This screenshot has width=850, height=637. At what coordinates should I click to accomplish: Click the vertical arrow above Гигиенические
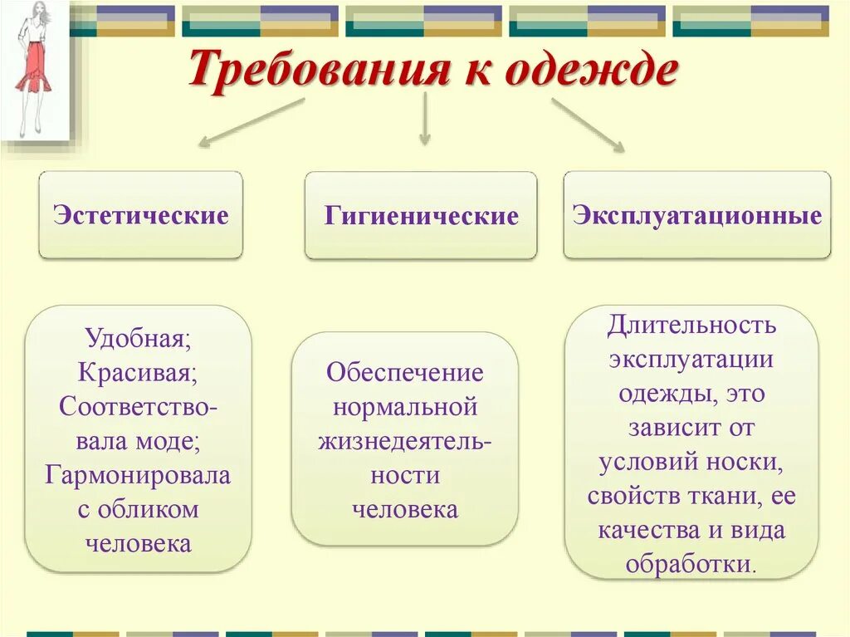pos(424,120)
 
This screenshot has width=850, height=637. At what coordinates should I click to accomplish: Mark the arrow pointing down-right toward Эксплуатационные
pos(588,125)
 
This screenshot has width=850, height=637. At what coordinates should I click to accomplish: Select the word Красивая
pos(138,371)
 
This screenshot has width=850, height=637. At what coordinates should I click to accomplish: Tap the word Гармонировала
pos(138,474)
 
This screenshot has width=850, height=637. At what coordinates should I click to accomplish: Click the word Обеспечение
pos(405,372)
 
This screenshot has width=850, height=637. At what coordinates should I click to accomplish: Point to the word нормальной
pos(405,407)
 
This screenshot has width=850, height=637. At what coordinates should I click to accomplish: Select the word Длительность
pos(691,324)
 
